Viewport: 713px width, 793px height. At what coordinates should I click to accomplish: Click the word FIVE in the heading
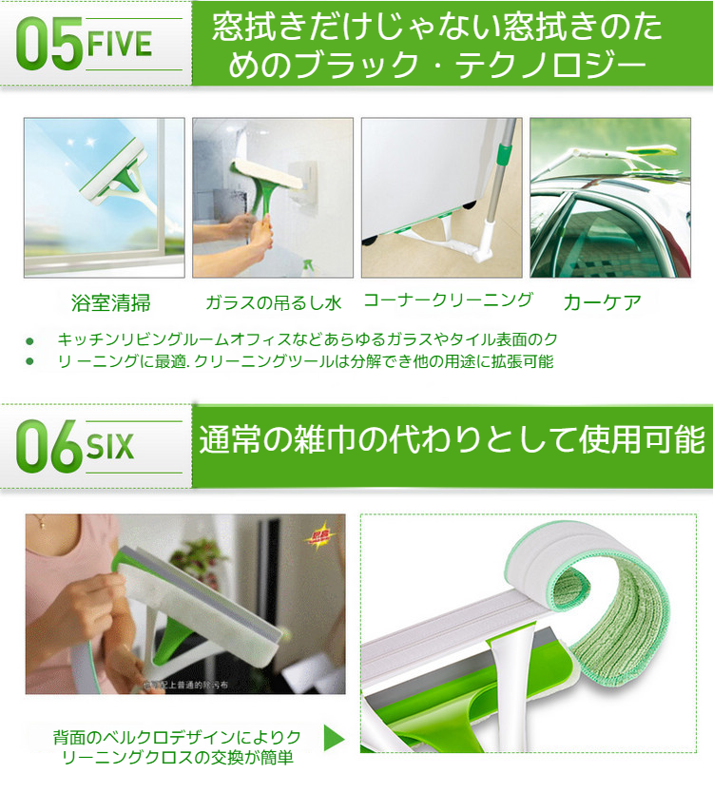[x=119, y=44]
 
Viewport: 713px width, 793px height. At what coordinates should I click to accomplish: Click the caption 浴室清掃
[x=111, y=303]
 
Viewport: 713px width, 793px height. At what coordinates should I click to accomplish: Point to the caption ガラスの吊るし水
[x=273, y=303]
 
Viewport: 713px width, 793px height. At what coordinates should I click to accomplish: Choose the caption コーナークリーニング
[x=448, y=300]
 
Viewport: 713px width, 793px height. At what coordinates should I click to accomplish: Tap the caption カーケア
[x=602, y=303]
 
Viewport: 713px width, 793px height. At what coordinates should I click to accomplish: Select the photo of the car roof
[x=609, y=197]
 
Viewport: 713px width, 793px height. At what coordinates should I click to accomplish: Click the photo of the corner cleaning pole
[x=441, y=197]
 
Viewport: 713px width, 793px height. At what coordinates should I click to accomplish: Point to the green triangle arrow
[x=334, y=738]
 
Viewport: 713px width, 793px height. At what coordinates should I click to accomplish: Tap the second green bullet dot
[x=29, y=361]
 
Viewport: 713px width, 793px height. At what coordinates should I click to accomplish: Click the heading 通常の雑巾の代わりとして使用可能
[x=452, y=442]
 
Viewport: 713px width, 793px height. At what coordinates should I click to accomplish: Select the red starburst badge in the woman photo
[x=318, y=539]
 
